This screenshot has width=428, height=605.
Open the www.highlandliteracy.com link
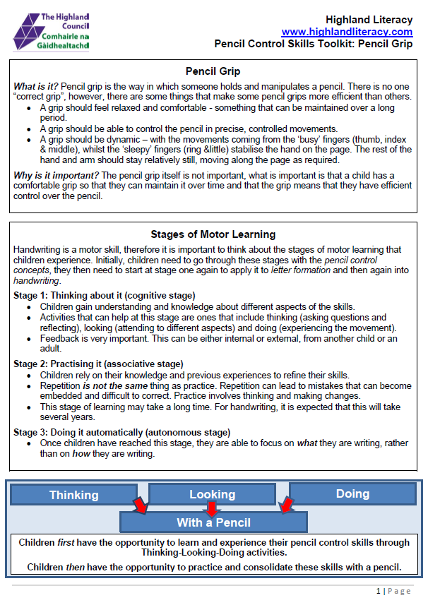347,32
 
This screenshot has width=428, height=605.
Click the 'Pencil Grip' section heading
213,71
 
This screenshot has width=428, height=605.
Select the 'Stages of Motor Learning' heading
213,234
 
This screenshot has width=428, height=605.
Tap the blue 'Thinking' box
74,495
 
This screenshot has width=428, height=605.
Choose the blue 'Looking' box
212,494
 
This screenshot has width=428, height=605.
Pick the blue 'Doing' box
352,493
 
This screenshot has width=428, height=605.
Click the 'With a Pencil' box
213,522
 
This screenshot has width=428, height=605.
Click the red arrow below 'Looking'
212,508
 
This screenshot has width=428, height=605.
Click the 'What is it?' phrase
36,85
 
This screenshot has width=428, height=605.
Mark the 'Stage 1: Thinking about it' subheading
105,295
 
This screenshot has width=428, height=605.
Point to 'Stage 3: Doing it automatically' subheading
121,432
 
